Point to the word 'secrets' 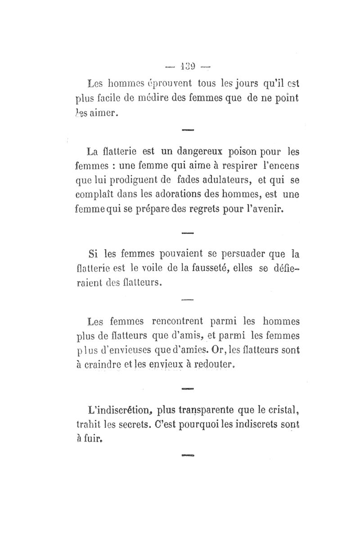coord(132,425)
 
